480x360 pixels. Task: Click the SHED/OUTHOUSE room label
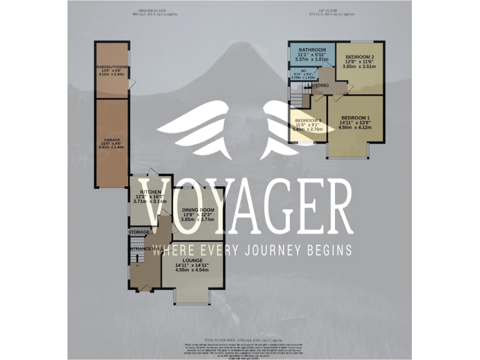coord(112,67)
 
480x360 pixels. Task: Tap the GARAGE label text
coord(112,139)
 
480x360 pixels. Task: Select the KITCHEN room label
coord(151,192)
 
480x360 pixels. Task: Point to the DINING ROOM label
coord(197,210)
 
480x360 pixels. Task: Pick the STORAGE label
coord(139,232)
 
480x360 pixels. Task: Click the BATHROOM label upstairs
coord(311,49)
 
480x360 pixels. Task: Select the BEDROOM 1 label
coord(355,118)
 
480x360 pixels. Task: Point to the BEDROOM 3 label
coord(308,120)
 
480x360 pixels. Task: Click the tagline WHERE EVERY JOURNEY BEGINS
coord(252,250)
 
